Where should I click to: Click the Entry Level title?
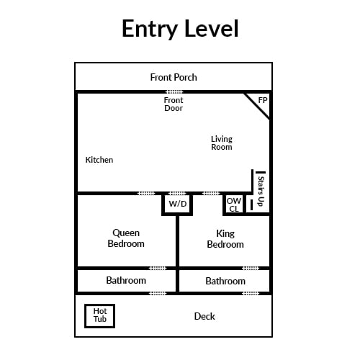coord(180,29)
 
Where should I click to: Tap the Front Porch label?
coord(174,77)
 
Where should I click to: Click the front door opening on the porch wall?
coord(175,91)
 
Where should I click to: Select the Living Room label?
coord(222,143)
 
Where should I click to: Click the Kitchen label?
coord(99,160)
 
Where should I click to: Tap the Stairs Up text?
coord(261,192)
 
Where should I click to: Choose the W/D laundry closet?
coord(177,204)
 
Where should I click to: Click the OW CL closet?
coord(234,204)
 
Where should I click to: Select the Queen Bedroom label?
coord(126,238)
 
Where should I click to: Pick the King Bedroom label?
coord(225,239)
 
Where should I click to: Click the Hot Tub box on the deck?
coord(99,316)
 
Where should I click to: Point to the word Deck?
coord(204,316)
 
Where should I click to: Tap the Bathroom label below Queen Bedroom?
coord(126,280)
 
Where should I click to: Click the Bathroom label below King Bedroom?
coord(225,281)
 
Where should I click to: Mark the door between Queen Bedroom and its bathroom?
coord(158,268)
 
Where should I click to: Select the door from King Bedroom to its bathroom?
coord(251,268)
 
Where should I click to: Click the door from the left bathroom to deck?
coord(158,293)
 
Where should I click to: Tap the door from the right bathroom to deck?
coord(251,293)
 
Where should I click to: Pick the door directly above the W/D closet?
coord(177,194)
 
